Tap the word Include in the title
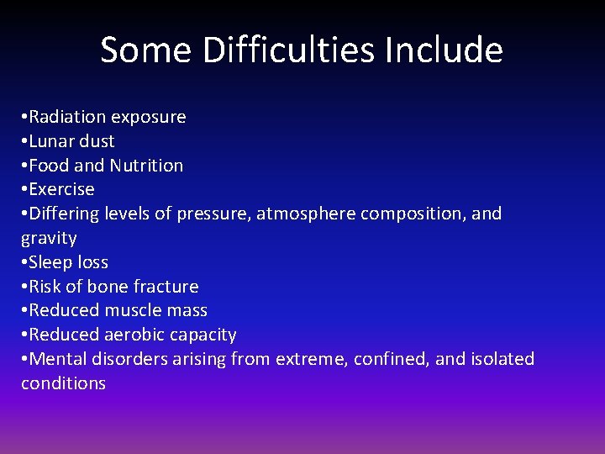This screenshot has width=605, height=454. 445,50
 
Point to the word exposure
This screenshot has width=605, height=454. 149,118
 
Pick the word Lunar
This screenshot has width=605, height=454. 52,141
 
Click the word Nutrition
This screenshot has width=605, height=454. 146,166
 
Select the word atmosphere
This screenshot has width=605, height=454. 306,214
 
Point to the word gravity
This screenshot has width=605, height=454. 49,239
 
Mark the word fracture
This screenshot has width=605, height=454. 165,287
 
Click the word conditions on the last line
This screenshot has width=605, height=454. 63,383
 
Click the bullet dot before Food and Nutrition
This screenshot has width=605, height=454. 24,166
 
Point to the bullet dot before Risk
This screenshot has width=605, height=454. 24,287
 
